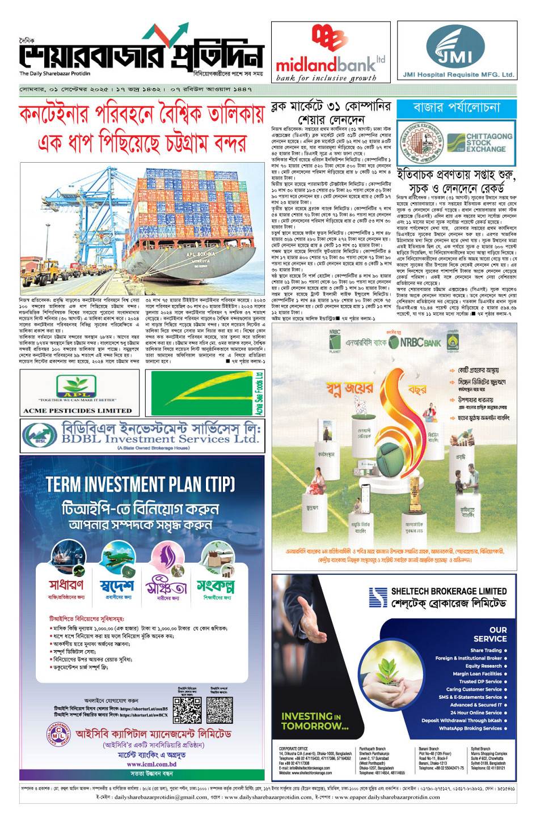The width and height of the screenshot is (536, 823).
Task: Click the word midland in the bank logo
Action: [306, 64]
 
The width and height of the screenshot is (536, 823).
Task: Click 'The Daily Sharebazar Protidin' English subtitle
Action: [54, 74]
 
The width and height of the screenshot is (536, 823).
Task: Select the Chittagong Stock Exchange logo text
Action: [488, 142]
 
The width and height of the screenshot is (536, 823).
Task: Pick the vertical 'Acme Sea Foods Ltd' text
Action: [259, 393]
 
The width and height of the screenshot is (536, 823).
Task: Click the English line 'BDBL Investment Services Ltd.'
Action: [159, 439]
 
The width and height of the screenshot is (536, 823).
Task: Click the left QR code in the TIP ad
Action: [187, 710]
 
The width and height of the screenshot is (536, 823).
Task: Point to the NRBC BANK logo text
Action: [421, 342]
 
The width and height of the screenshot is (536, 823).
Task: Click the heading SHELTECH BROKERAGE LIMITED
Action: [449, 591]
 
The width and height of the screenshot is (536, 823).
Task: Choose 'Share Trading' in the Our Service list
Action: [486, 650]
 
